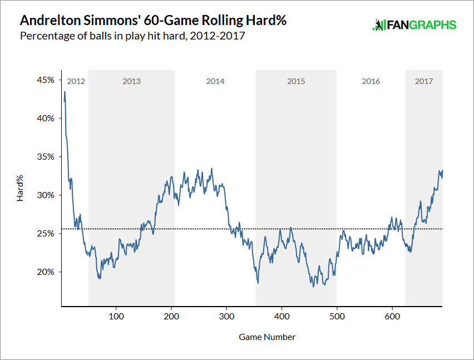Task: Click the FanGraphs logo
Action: (x=414, y=25)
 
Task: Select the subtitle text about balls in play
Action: (x=132, y=37)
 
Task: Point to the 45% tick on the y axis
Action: (x=46, y=80)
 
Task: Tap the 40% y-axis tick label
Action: (x=46, y=118)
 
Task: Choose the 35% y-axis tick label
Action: (x=46, y=156)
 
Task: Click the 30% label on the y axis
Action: (x=46, y=195)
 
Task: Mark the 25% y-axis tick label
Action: (x=46, y=233)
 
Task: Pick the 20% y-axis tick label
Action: (x=46, y=272)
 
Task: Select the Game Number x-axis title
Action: (x=267, y=337)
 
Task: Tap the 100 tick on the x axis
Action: (x=116, y=315)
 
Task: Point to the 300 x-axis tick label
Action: (x=226, y=315)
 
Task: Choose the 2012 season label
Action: (x=76, y=81)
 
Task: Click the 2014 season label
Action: (x=215, y=81)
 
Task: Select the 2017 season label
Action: (x=424, y=81)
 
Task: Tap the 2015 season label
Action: (x=296, y=81)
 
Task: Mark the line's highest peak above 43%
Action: (x=65, y=92)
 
